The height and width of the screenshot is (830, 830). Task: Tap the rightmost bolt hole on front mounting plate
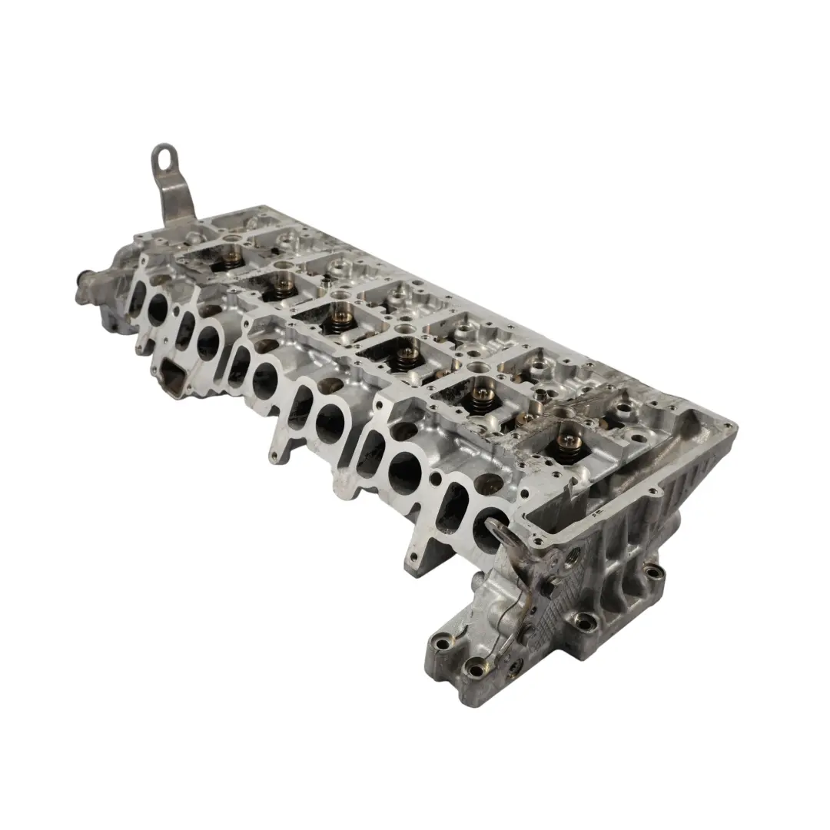653,572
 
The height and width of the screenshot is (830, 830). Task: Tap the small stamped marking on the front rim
595,509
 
